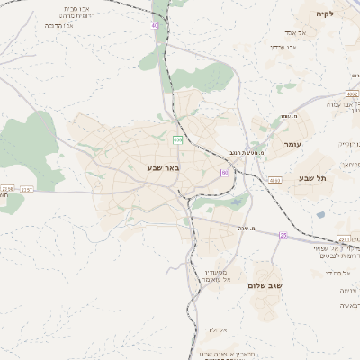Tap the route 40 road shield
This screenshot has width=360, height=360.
[155, 25]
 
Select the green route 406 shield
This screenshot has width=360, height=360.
[177, 139]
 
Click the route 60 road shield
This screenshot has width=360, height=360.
[224, 172]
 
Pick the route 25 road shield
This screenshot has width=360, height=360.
[283, 236]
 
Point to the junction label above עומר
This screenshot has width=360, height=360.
[290, 115]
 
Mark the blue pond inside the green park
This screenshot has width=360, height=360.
[236, 203]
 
